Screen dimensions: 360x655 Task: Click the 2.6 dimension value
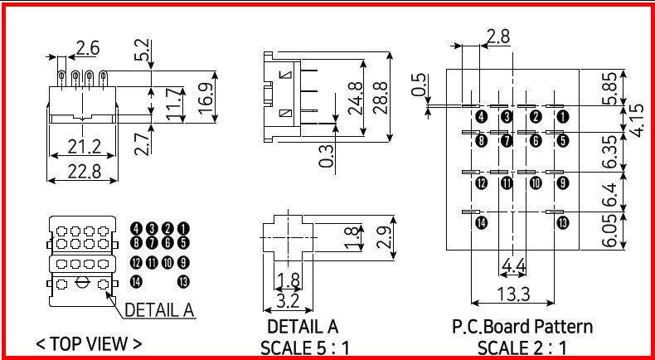(88, 47)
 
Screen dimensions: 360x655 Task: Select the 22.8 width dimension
(83, 171)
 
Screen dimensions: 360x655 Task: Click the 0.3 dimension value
(327, 155)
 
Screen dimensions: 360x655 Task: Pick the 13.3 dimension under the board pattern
(513, 293)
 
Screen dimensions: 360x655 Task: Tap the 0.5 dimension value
(419, 85)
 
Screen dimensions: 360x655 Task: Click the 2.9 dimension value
(382, 236)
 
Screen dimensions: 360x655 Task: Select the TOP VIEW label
(89, 343)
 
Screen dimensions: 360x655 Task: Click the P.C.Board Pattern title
(522, 326)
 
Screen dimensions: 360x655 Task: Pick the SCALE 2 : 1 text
(522, 347)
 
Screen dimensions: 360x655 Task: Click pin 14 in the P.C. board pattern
(481, 222)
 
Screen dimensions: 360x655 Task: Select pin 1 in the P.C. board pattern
(563, 116)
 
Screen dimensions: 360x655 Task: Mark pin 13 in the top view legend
(183, 282)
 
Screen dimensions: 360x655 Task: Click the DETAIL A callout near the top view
(159, 310)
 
